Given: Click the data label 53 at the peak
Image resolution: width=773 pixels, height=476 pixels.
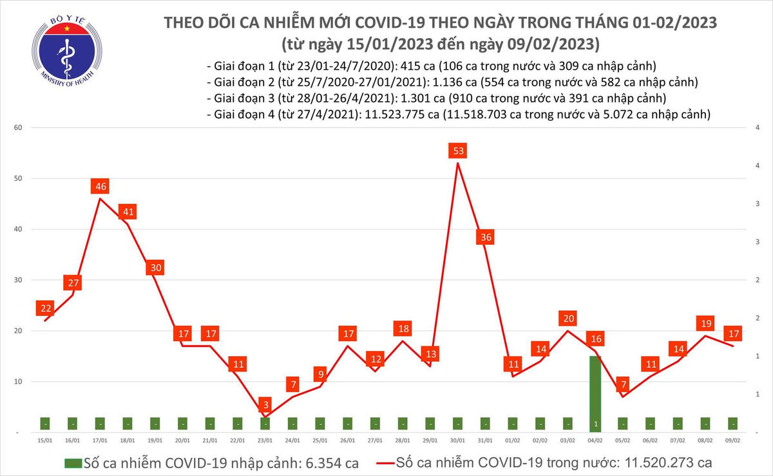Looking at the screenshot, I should pos(458,151).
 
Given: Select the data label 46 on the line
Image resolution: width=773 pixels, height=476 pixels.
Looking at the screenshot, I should pos(100,187).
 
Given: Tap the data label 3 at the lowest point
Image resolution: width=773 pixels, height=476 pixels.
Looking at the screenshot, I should pos(265,405).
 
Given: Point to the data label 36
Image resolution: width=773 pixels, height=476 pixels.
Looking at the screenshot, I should pos(486,237).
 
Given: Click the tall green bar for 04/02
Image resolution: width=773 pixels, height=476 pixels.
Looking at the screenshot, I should pos(595,393).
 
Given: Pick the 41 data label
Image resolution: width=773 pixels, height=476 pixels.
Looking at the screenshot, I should pos(128,212).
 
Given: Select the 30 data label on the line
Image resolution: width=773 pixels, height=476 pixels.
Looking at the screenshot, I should pos(155,268).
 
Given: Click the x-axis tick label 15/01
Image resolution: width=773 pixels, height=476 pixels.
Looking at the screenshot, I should pos(45,440).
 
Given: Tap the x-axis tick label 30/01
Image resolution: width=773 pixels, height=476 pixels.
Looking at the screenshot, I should pos(458,440).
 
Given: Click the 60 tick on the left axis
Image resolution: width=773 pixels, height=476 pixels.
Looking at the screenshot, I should pos(19,128).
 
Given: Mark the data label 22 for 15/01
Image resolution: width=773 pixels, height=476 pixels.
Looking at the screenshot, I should pos(45,308).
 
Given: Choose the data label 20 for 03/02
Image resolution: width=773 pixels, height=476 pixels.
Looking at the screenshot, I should pos(568,319).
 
